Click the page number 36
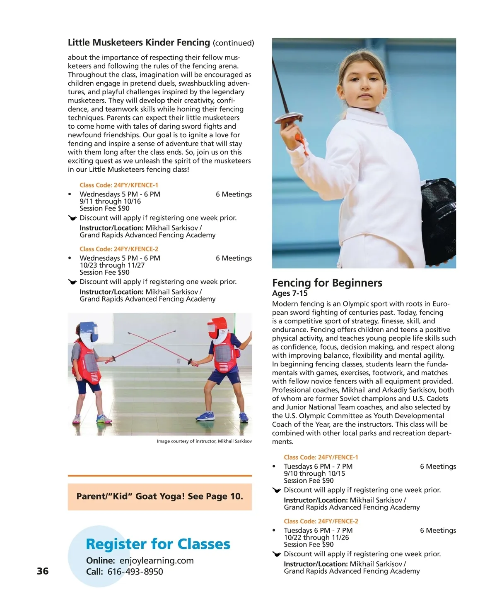point(43,571)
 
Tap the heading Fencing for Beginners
point(327,283)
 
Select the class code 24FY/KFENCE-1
point(119,185)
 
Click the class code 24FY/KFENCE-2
point(119,249)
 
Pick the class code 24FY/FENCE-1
point(321,457)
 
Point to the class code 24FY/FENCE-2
point(321,521)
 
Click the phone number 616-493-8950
point(135,572)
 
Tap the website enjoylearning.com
point(157,561)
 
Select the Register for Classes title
point(158,544)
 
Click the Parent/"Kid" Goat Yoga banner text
point(159,496)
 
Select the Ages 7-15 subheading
point(290,293)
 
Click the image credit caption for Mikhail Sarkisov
point(204,441)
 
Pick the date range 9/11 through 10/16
point(110,201)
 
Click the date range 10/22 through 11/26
point(316,537)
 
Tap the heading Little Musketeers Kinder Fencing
point(139,43)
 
